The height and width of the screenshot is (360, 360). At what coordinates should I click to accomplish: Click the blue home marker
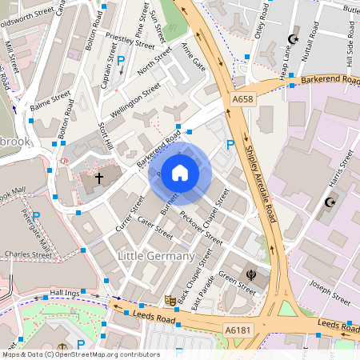pos(180,172)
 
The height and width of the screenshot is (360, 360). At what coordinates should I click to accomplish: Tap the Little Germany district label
pos(156,256)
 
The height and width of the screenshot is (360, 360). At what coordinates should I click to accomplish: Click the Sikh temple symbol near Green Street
pos(252,274)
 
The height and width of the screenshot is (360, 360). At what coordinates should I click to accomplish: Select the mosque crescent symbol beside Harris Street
pos(329,202)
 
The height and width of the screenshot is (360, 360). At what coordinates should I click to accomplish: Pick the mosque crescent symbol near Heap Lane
pos(292,39)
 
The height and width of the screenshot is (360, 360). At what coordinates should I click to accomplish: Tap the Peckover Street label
pos(202,228)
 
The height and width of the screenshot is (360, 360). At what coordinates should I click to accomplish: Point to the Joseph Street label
pos(330,296)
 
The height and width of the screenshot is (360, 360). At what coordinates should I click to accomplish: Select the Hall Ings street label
pos(65,294)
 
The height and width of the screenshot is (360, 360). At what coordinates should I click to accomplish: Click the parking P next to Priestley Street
pos(122,61)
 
